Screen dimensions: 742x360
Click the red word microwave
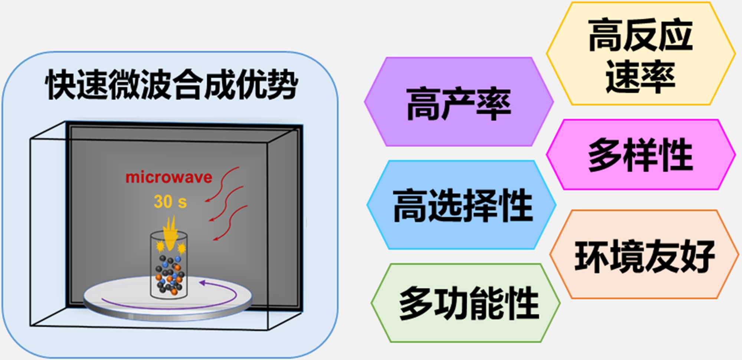[169, 177]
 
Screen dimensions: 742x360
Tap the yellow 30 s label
[170, 202]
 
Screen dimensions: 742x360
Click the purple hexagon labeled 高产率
[459, 102]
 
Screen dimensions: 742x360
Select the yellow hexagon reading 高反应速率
[641, 54]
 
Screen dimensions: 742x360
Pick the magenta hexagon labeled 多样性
[641, 154]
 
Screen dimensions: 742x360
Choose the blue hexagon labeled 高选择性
[462, 205]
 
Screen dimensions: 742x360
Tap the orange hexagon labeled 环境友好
[644, 255]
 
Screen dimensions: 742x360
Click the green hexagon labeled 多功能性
[466, 303]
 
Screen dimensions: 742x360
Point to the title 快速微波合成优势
[171, 85]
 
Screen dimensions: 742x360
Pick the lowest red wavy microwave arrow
[230, 223]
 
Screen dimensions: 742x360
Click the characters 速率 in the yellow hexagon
[640, 76]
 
